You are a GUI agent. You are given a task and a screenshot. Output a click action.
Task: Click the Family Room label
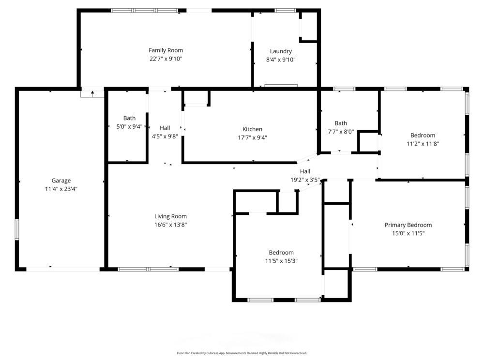click(166, 50)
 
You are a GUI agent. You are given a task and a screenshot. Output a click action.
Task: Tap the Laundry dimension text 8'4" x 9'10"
click(281, 60)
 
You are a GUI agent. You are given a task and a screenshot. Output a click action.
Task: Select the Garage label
click(61, 181)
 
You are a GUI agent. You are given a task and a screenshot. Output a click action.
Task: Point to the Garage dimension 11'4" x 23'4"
click(61, 189)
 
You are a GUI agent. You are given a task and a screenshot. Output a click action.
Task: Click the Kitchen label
click(252, 129)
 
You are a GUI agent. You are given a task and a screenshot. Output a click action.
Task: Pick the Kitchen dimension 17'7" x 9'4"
click(252, 137)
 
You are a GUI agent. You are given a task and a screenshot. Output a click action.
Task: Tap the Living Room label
click(170, 216)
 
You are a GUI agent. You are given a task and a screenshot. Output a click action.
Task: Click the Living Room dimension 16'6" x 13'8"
click(170, 225)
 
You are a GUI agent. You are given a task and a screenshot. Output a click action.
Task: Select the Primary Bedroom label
click(408, 225)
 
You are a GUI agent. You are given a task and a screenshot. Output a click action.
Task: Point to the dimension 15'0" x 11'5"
click(408, 233)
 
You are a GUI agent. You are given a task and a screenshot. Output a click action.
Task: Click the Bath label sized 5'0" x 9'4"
click(129, 118)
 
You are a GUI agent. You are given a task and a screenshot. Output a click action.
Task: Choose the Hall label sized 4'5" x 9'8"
click(165, 128)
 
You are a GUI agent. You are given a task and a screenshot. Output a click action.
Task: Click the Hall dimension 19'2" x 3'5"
click(305, 180)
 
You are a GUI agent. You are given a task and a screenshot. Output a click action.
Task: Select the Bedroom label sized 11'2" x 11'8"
click(423, 136)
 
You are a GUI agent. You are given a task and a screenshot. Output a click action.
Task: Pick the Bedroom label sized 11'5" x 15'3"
click(281, 253)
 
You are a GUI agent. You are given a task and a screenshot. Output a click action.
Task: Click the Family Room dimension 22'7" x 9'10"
click(166, 59)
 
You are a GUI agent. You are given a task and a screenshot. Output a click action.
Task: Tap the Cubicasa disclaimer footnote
click(242, 353)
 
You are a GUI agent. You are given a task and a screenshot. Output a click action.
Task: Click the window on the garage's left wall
click(17, 229)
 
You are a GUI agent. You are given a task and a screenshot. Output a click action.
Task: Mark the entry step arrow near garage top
click(92, 93)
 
